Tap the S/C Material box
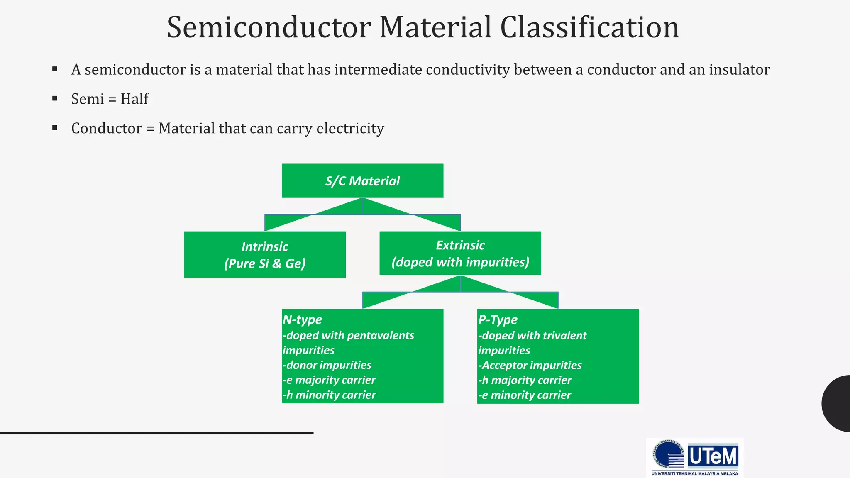(362, 180)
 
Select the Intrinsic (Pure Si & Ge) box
(265, 254)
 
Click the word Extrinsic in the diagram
(460, 245)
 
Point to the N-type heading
(302, 319)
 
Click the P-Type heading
(498, 319)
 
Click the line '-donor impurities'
(327, 365)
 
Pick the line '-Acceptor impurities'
(530, 365)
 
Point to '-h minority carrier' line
(329, 395)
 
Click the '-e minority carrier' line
(525, 395)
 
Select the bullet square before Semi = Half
(55, 99)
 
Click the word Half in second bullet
(134, 99)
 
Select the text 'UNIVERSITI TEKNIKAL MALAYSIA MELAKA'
(694, 473)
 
